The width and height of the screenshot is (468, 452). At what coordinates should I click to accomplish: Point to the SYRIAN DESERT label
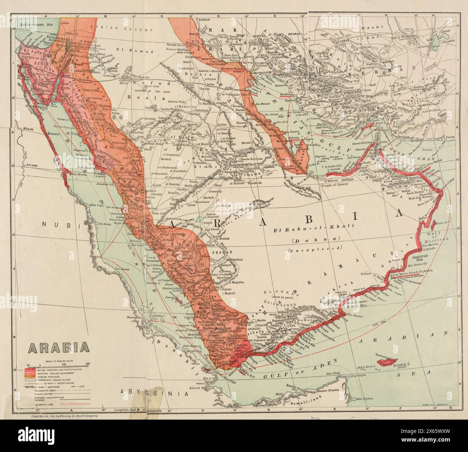click(109, 27)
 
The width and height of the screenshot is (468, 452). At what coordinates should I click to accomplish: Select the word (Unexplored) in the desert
click(314, 248)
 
